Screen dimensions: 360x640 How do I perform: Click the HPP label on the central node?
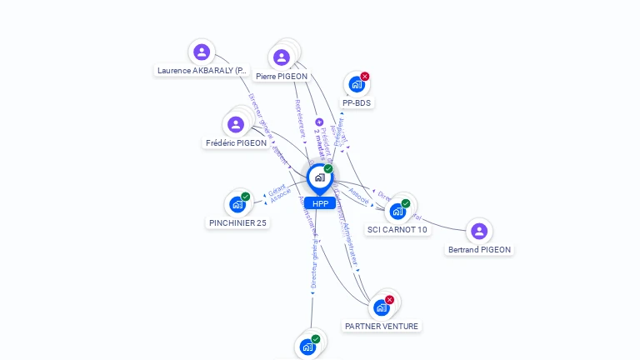click(x=320, y=203)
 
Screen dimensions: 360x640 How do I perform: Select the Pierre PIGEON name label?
click(x=282, y=76)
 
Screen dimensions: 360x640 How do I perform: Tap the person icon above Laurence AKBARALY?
click(x=201, y=52)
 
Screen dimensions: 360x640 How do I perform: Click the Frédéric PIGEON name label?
click(x=236, y=142)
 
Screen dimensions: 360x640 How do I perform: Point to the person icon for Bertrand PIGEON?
click(x=478, y=231)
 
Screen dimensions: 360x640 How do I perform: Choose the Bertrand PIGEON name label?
click(x=479, y=249)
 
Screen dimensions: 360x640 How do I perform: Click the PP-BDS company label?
click(x=357, y=102)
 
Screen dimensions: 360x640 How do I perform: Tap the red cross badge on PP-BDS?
click(x=364, y=77)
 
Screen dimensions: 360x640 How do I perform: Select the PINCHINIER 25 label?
click(x=237, y=222)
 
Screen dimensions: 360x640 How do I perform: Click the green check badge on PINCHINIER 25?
click(x=245, y=197)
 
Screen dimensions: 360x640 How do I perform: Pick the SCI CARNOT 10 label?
click(x=397, y=229)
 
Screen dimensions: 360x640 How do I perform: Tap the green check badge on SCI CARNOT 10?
click(x=405, y=203)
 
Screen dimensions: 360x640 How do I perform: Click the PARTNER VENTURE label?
click(x=382, y=326)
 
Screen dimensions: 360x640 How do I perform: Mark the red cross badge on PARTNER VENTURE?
click(x=389, y=300)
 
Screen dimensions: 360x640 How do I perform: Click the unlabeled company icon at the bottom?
click(x=307, y=347)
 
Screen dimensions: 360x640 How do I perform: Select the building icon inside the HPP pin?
click(x=319, y=177)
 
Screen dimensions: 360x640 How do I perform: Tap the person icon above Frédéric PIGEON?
click(x=236, y=124)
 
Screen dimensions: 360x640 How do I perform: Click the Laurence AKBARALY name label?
click(x=202, y=71)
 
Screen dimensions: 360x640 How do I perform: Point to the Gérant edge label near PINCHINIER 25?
click(x=277, y=190)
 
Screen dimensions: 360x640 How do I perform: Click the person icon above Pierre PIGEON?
click(x=282, y=57)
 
